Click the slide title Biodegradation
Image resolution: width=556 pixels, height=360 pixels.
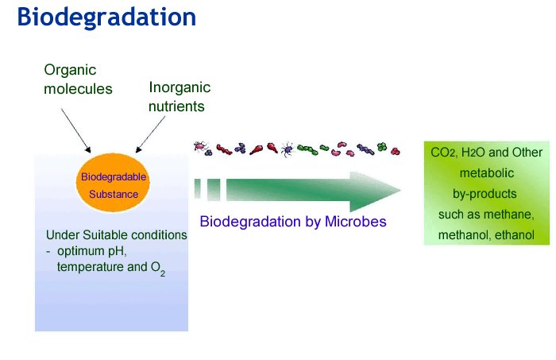(106, 17)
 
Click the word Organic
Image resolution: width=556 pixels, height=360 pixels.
(70, 70)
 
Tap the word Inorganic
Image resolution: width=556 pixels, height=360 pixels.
(180, 87)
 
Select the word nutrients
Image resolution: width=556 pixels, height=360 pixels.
(176, 106)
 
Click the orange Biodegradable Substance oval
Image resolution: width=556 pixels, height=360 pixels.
(113, 182)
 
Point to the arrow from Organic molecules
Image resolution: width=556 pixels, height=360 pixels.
(76, 130)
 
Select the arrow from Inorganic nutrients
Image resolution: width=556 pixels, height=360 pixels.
(150, 134)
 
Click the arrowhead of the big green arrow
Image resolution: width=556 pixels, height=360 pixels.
(375, 192)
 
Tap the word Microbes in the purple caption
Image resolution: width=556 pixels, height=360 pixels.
(355, 222)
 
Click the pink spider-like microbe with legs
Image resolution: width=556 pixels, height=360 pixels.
(200, 145)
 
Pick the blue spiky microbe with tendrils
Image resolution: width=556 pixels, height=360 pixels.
(288, 149)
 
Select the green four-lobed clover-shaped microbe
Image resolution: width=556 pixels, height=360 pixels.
(381, 146)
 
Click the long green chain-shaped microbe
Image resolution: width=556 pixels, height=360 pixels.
(307, 149)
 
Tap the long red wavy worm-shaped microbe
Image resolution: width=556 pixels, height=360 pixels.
(224, 149)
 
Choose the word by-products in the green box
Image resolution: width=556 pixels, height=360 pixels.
(485, 194)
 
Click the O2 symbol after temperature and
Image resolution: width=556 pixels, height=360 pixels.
(158, 268)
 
